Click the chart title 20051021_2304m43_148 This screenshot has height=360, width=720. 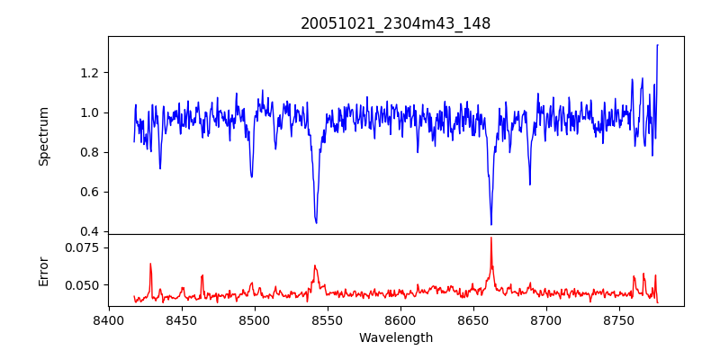coord(395,23)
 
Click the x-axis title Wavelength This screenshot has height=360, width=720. coord(395,337)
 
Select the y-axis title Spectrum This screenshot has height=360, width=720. coord(43,136)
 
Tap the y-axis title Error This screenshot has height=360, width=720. coord(43,271)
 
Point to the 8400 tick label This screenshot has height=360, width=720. coord(109,319)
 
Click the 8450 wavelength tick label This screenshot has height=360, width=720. coord(182,319)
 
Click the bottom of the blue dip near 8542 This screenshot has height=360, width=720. coord(316,222)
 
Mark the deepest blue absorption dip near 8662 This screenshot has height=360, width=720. coord(491,224)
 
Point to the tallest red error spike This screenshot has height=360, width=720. coord(491,238)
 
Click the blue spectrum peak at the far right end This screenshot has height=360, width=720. coord(657,45)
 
